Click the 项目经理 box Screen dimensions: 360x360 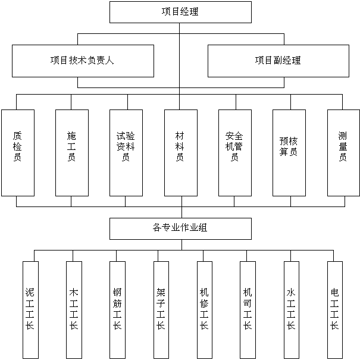click(x=180, y=12)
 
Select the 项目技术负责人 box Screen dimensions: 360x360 click(x=83, y=61)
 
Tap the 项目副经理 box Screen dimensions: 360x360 click(x=278, y=61)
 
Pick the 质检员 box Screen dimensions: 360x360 click(x=18, y=152)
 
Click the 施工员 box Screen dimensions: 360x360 click(x=72, y=152)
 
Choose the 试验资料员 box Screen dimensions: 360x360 click(x=126, y=152)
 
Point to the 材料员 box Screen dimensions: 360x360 click(x=180, y=152)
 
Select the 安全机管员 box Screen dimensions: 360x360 click(x=234, y=152)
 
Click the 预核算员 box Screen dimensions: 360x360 click(x=289, y=152)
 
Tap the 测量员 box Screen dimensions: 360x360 click(x=343, y=152)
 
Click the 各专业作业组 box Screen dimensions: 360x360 click(x=180, y=228)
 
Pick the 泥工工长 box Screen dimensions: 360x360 click(x=30, y=309)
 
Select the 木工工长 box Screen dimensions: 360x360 click(x=74, y=309)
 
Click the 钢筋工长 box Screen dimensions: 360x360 click(x=117, y=309)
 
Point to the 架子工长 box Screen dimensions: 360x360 click(x=161, y=309)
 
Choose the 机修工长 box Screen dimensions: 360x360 click(x=204, y=309)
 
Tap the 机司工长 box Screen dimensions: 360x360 click(x=248, y=309)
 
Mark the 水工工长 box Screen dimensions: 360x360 click(x=291, y=309)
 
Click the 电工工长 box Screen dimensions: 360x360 click(x=334, y=309)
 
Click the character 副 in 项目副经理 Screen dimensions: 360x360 click(x=278, y=61)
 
